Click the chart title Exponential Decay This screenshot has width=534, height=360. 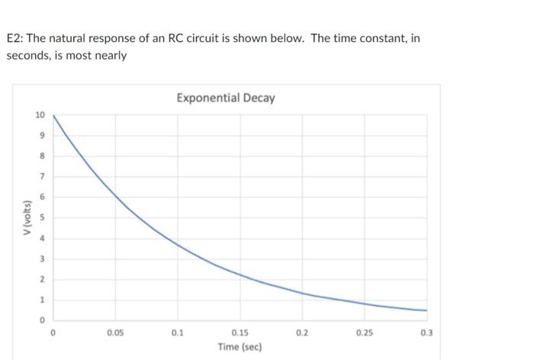pyautogui.click(x=225, y=98)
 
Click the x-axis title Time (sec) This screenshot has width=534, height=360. pyautogui.click(x=239, y=347)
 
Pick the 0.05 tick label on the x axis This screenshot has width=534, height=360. pyautogui.click(x=115, y=333)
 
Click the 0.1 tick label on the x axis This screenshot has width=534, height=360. pyautogui.click(x=178, y=333)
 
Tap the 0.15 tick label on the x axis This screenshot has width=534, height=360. pyautogui.click(x=240, y=333)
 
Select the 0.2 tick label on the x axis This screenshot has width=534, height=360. pyautogui.click(x=302, y=333)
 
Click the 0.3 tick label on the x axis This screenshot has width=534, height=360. pyautogui.click(x=426, y=333)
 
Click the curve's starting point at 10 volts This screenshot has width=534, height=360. pyautogui.click(x=53, y=115)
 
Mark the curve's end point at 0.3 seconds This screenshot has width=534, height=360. pyautogui.click(x=426, y=310)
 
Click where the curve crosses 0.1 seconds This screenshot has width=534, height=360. pyautogui.click(x=178, y=244)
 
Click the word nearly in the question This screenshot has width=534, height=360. pyautogui.click(x=110, y=56)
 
